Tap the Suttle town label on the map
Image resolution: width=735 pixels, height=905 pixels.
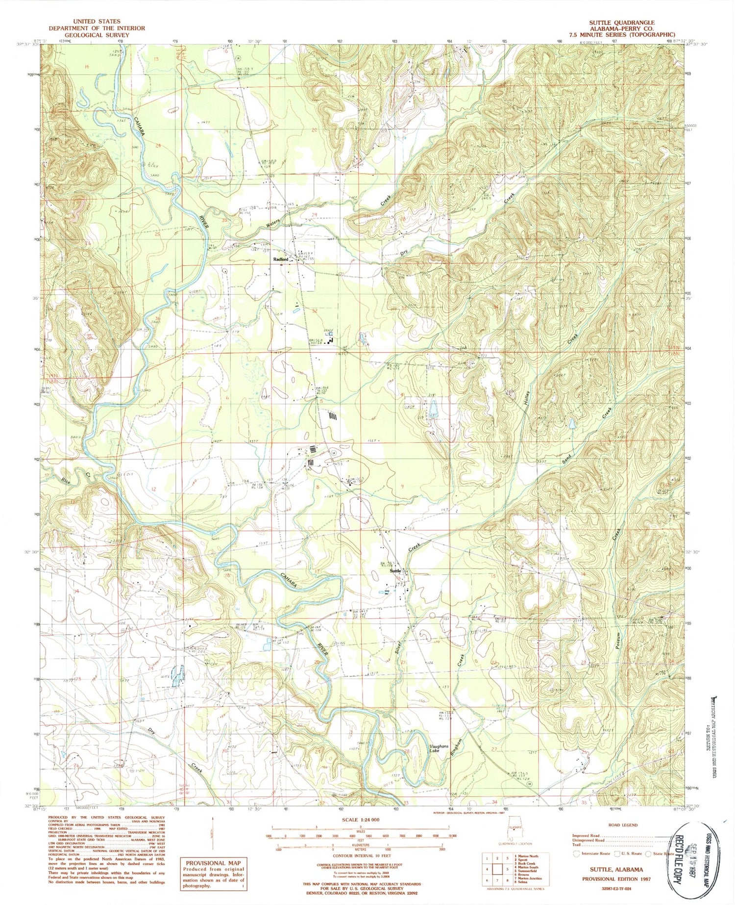click(x=395, y=571)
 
